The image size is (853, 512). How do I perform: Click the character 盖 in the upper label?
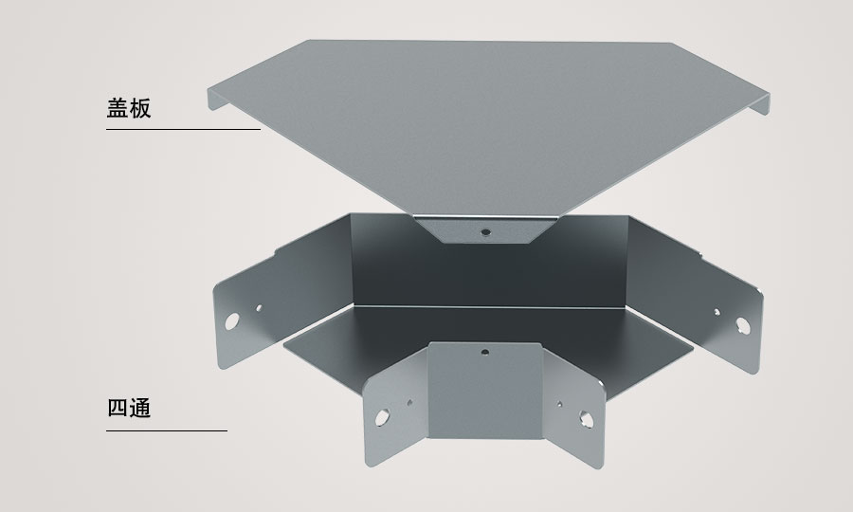pyautogui.click(x=117, y=108)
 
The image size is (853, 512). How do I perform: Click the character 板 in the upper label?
pyautogui.click(x=140, y=108)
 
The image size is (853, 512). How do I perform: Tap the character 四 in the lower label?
pyautogui.click(x=118, y=408)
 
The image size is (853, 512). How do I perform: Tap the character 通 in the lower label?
pyautogui.click(x=140, y=408)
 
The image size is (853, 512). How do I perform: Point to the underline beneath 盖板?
pyautogui.click(x=183, y=130)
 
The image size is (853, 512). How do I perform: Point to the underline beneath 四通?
pyautogui.click(x=167, y=430)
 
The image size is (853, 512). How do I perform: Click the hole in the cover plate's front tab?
pyautogui.click(x=486, y=232)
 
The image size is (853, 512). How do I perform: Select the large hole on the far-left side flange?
pyautogui.click(x=232, y=321)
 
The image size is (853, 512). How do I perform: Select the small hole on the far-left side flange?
pyautogui.click(x=259, y=308)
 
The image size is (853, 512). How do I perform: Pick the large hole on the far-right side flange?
pyautogui.click(x=742, y=325)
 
